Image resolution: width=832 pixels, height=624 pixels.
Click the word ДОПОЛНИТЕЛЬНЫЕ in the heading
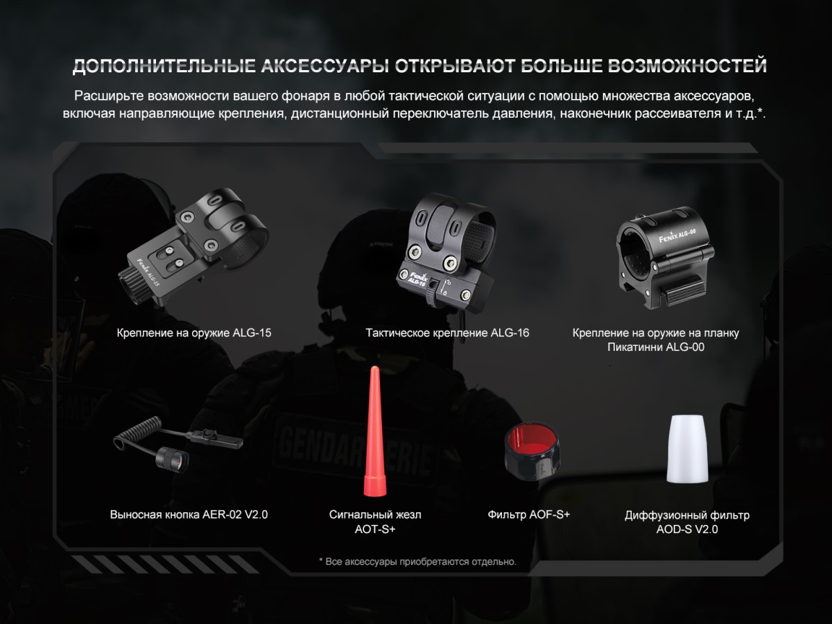pyautogui.click(x=164, y=66)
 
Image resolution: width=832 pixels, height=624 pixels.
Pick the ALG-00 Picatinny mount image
pyautogui.click(x=665, y=258)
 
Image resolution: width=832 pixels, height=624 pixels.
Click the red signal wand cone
pyautogui.click(x=374, y=431)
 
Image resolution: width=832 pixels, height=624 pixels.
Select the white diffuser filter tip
pyautogui.click(x=687, y=449)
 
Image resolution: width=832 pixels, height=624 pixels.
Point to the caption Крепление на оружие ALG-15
pyautogui.click(x=193, y=333)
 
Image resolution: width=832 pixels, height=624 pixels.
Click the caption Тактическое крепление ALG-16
pyautogui.click(x=447, y=333)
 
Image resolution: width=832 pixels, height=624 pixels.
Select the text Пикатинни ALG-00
pyautogui.click(x=656, y=347)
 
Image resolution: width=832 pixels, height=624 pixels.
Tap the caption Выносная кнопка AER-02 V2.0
pyautogui.click(x=189, y=514)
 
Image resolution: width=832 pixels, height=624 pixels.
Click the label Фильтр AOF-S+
pyautogui.click(x=529, y=514)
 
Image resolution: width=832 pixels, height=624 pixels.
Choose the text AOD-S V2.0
pyautogui.click(x=687, y=529)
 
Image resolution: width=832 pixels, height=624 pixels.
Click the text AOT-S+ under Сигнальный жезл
pyautogui.click(x=375, y=529)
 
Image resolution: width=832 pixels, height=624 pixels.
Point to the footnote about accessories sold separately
pyautogui.click(x=417, y=562)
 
